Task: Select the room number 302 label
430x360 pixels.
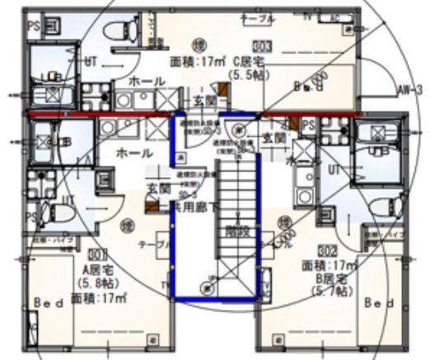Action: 328,248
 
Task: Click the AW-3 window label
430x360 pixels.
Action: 408,89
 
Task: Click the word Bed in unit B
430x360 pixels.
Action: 379,302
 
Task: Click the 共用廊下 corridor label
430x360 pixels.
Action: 195,208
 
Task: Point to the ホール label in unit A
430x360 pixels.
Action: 133,153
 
